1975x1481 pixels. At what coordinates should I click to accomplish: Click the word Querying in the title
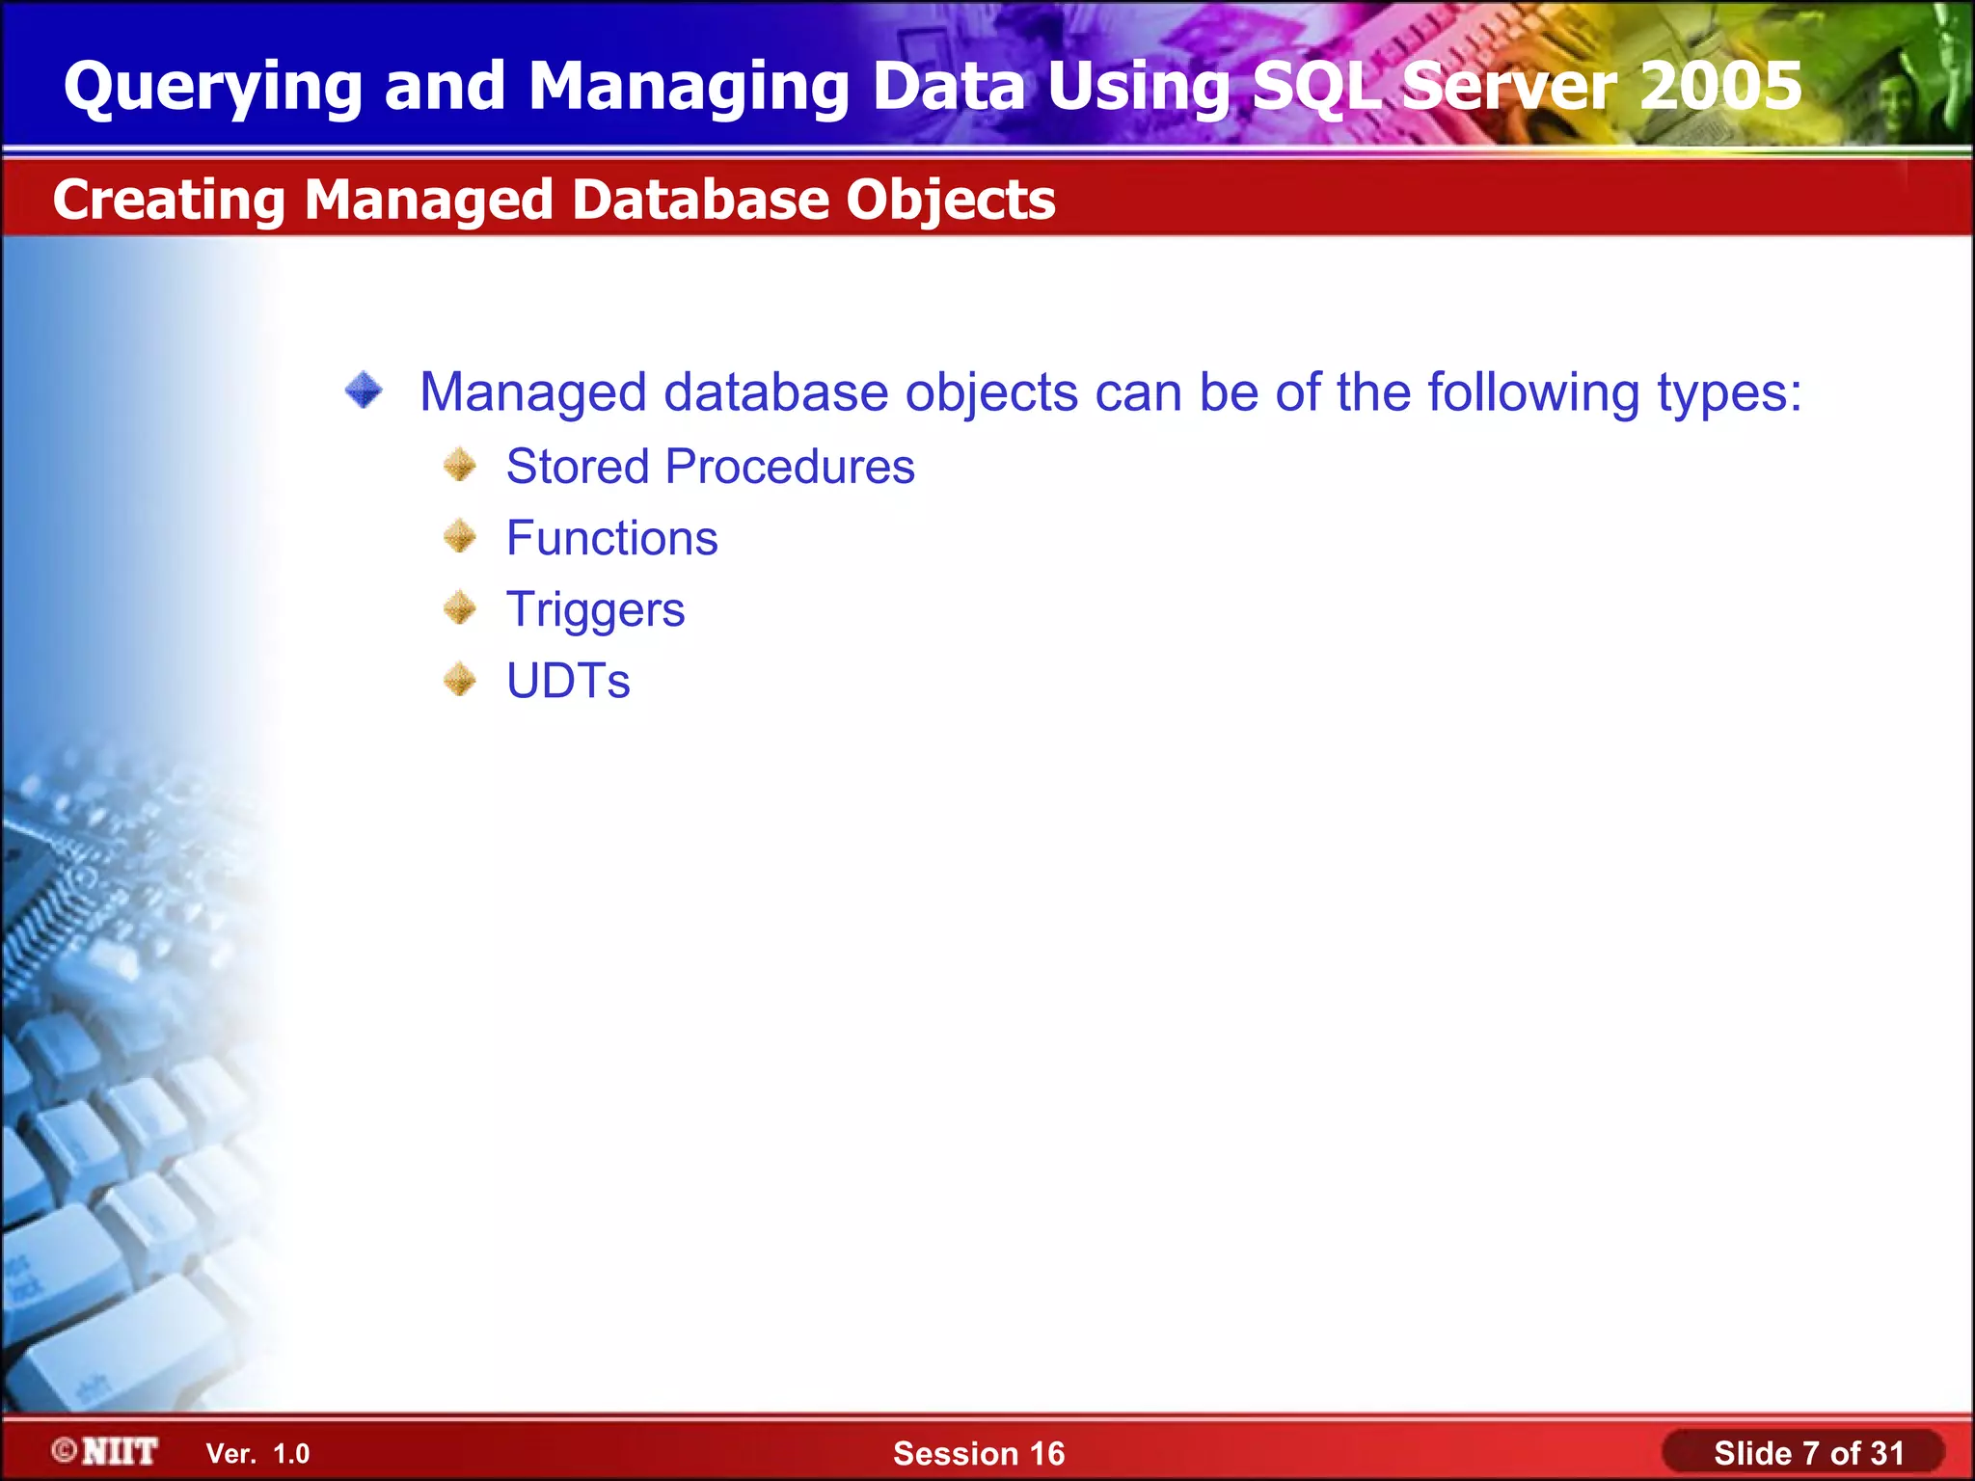pyautogui.click(x=212, y=87)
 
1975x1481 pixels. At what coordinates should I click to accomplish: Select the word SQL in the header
pyautogui.click(x=1317, y=87)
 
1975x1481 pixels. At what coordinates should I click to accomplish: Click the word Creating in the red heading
pyautogui.click(x=169, y=200)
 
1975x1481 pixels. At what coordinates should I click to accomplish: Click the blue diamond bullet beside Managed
pyautogui.click(x=364, y=390)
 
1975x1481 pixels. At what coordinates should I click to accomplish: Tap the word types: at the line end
pyautogui.click(x=1729, y=393)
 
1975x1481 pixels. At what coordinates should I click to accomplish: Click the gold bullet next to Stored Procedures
pyautogui.click(x=460, y=466)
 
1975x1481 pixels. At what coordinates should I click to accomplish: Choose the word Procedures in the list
pyautogui.click(x=790, y=467)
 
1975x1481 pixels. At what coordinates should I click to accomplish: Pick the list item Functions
pyautogui.click(x=612, y=538)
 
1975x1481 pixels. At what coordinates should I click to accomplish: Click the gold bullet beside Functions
pyautogui.click(x=460, y=537)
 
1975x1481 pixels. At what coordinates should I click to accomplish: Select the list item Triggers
pyautogui.click(x=595, y=610)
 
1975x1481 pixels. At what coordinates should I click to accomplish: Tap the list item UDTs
pyautogui.click(x=568, y=681)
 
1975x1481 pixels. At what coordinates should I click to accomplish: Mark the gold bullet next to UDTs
pyautogui.click(x=460, y=680)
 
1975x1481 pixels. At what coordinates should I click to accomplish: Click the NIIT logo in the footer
pyautogui.click(x=106, y=1451)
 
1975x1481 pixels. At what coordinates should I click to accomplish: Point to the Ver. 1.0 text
pyautogui.click(x=257, y=1454)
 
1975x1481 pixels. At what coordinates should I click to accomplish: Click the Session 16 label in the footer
pyautogui.click(x=979, y=1453)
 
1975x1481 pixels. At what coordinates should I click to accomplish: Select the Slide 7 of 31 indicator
pyautogui.click(x=1808, y=1453)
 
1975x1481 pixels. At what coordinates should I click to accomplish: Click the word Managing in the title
pyautogui.click(x=689, y=87)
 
